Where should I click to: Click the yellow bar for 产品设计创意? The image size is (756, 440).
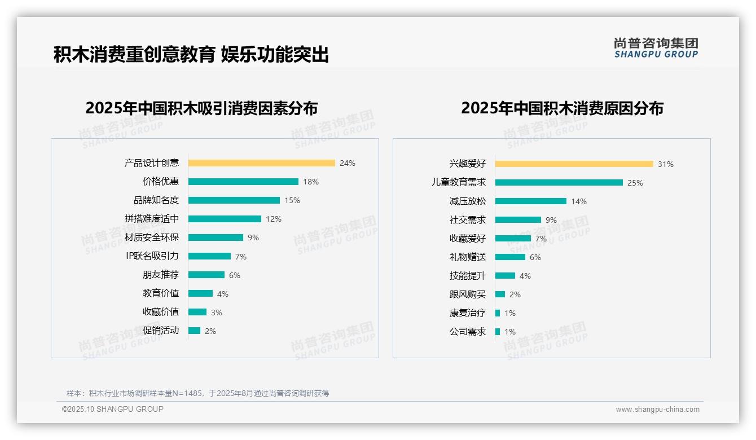(261, 163)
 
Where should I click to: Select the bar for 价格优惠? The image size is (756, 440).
(243, 182)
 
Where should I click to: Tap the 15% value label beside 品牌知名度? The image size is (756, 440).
(292, 200)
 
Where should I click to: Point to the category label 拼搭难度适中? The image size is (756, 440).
(152, 219)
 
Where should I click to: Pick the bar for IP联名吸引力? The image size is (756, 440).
(209, 256)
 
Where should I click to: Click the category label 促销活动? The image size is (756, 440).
(161, 331)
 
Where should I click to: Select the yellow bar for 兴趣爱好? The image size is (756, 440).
(574, 164)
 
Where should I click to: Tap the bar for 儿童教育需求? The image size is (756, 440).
(559, 183)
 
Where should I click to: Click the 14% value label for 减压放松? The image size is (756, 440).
(579, 201)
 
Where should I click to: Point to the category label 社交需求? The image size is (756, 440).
(468, 220)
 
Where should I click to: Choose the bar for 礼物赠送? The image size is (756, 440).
(510, 257)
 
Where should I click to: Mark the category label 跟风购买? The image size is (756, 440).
(468, 294)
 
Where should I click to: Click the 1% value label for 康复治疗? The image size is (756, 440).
(510, 313)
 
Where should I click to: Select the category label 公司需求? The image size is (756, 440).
(468, 332)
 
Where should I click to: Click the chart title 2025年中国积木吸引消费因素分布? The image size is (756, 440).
(201, 108)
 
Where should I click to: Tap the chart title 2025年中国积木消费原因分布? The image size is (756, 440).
(562, 108)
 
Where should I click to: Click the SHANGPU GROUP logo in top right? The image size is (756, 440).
(656, 48)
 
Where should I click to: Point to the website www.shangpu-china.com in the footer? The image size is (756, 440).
(657, 410)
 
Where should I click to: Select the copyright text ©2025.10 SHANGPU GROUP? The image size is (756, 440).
(113, 409)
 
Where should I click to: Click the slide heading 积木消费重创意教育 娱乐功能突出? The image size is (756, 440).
(191, 55)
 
